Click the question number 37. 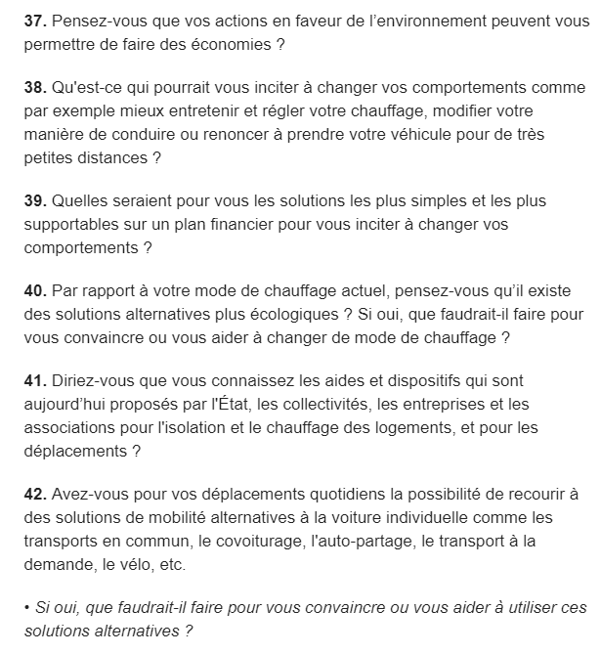35,20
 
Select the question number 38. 35,87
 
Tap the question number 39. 35,200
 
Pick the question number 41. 35,381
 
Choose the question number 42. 35,495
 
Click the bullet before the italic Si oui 26,608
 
